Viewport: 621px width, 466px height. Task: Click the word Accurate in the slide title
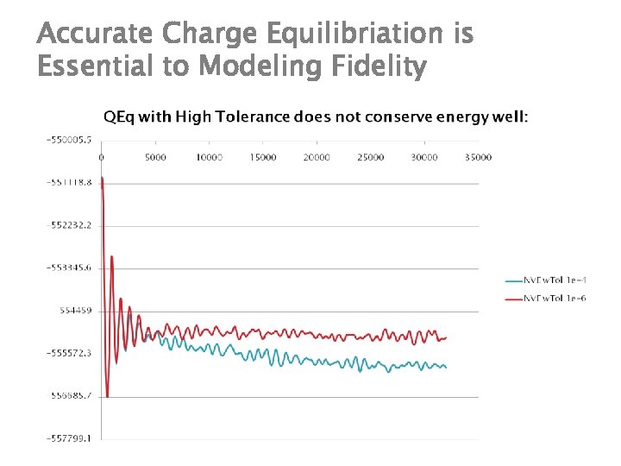96,35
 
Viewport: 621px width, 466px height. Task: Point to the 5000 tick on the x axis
155,157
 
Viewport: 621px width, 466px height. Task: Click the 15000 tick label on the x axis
263,157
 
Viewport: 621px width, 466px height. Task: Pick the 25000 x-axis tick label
371,157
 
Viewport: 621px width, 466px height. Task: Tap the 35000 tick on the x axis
478,157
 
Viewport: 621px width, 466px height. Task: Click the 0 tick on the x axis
102,157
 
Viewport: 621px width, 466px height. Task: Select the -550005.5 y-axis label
69,139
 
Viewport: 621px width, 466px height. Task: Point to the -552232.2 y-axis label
69,224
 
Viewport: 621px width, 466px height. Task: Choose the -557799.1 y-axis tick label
69,439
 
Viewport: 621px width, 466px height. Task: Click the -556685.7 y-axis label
69,396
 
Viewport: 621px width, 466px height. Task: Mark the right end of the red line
447,337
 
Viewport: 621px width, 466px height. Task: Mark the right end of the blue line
446,368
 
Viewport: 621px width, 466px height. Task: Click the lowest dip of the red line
107,397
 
